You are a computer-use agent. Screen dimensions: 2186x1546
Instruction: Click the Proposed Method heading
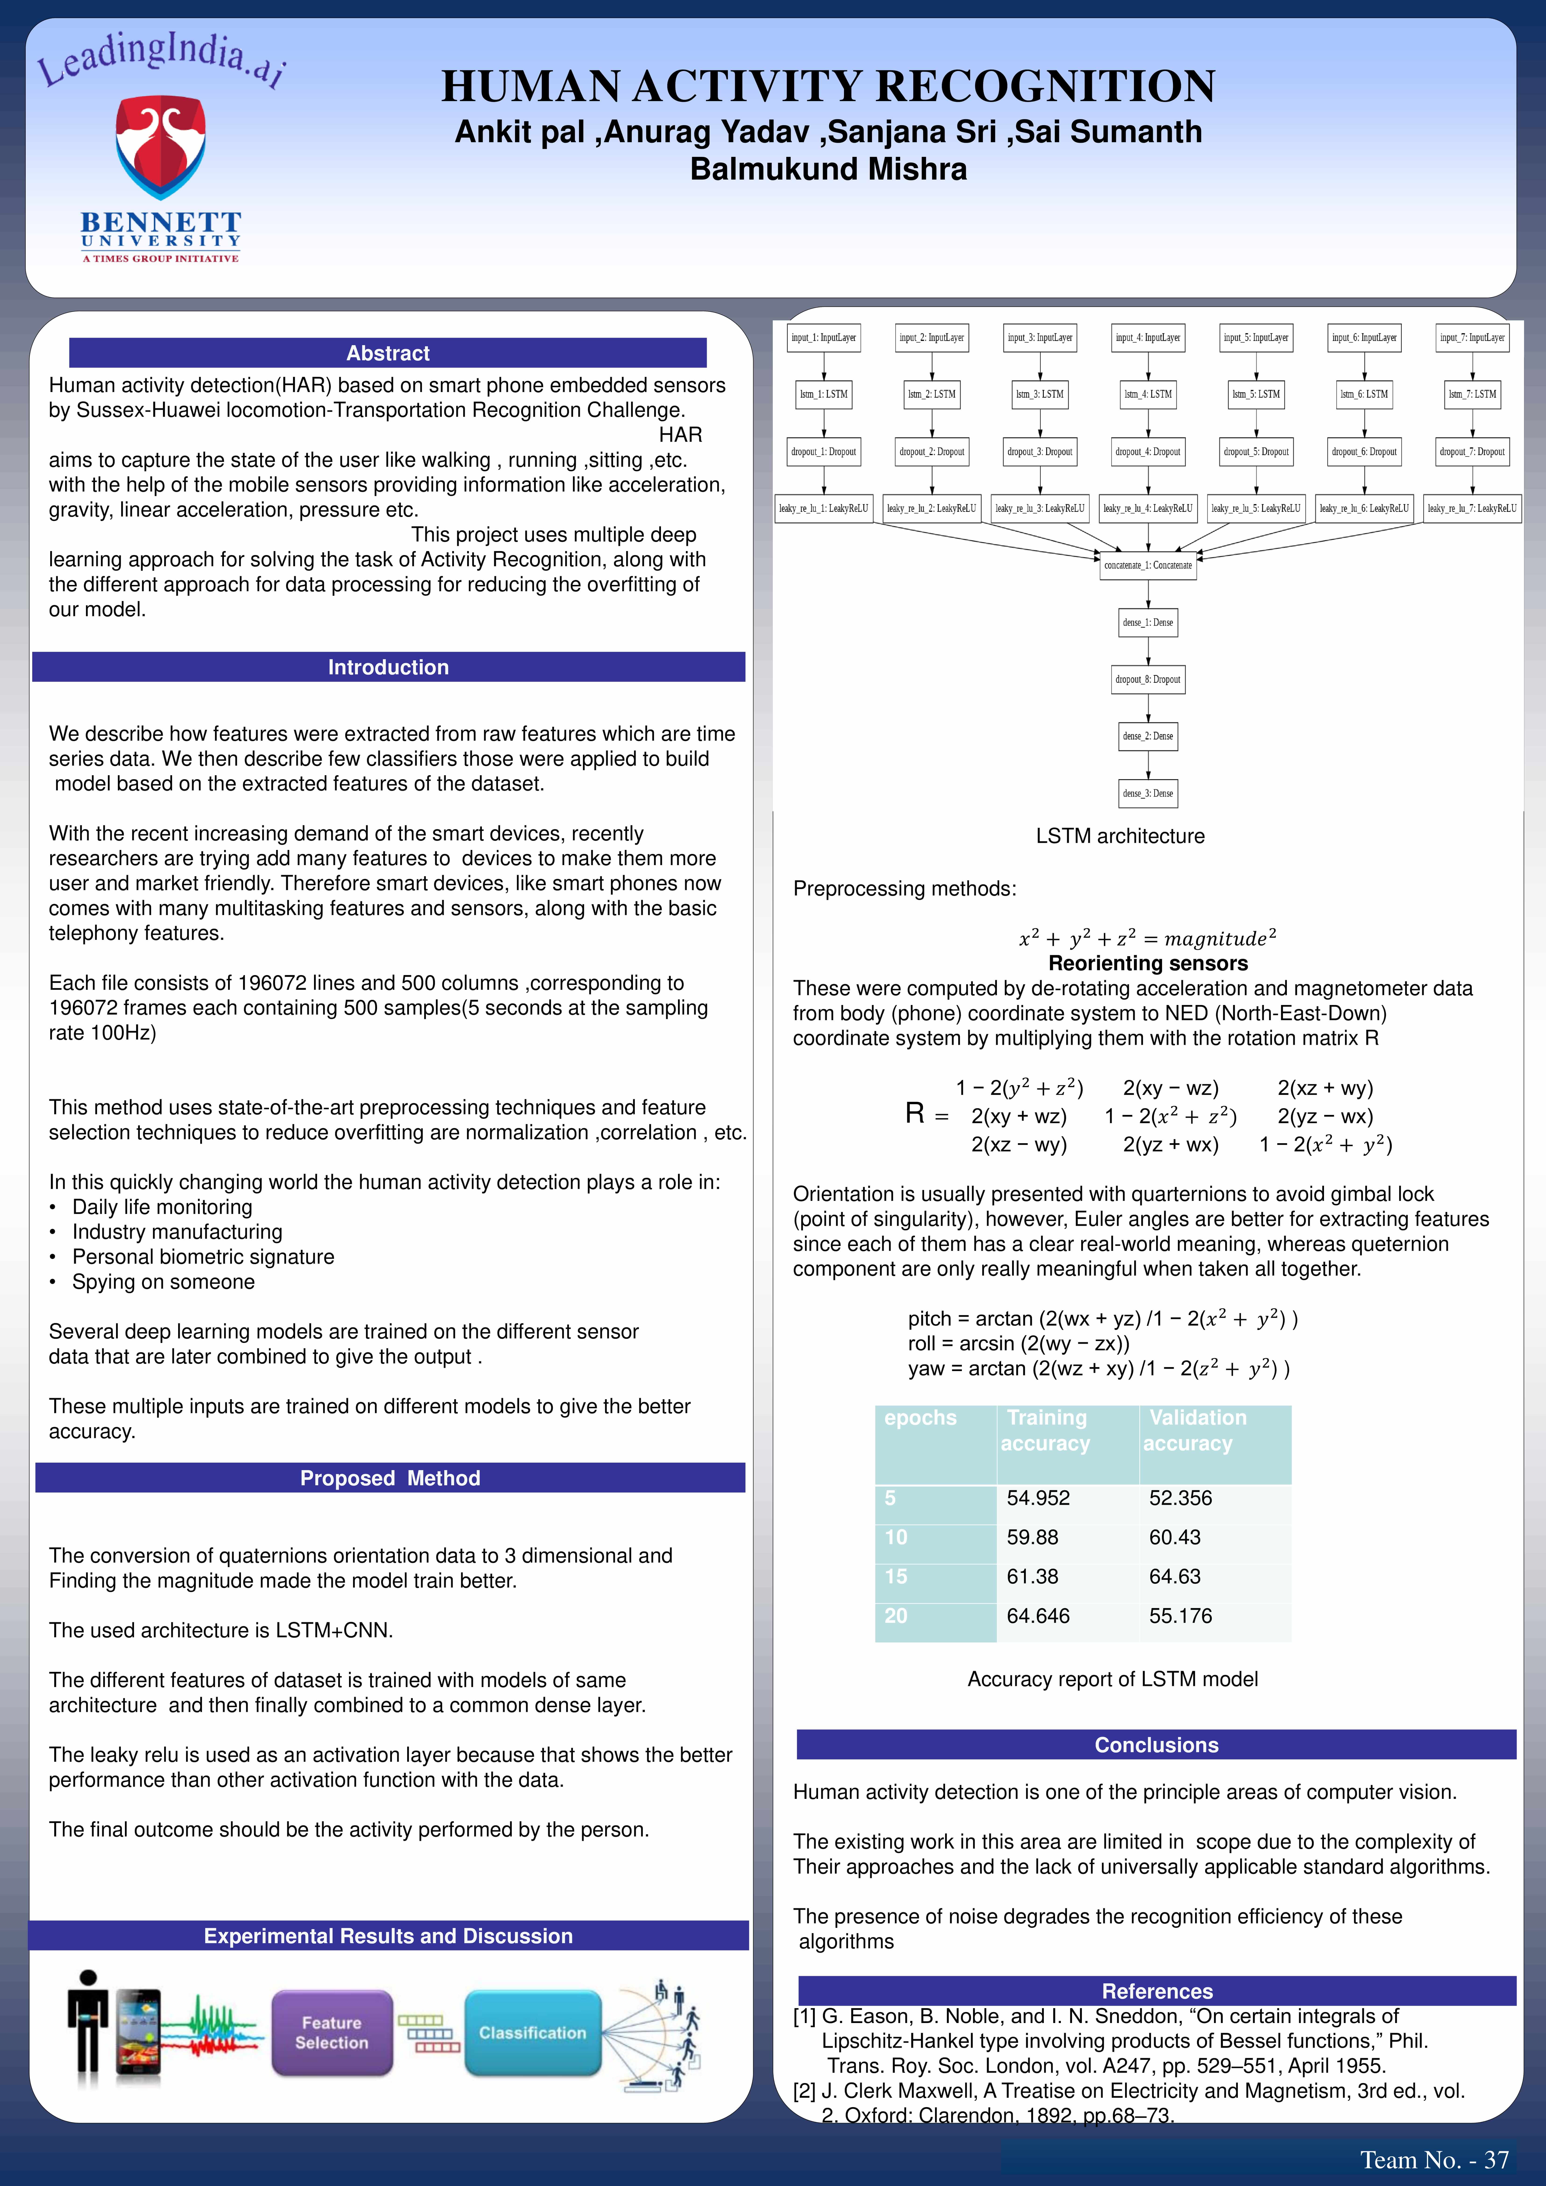[390, 1478]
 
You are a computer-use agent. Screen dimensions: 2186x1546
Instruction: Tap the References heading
[1157, 1991]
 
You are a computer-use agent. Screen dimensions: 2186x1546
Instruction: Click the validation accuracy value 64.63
[1175, 1577]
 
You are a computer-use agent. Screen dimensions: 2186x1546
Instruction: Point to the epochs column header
[921, 1418]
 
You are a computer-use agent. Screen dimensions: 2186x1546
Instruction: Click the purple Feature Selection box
[331, 2033]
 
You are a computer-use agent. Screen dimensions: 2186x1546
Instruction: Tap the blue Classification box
[532, 2033]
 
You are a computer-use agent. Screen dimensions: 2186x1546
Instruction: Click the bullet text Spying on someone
[164, 1281]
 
